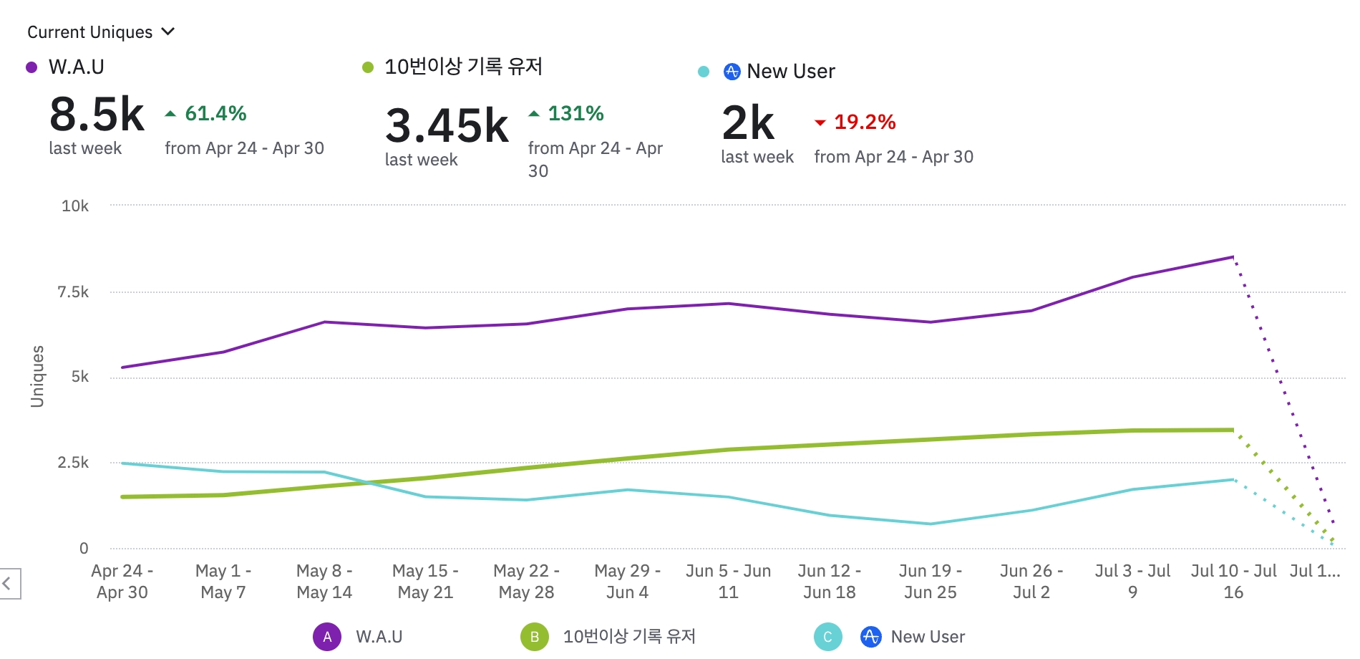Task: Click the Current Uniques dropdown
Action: [x=100, y=32]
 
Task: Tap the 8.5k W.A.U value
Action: [x=97, y=114]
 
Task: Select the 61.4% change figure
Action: [x=215, y=113]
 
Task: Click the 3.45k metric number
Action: [x=447, y=125]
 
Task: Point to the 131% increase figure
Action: [x=575, y=113]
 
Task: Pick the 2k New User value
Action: [x=748, y=122]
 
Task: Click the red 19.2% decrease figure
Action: [x=864, y=122]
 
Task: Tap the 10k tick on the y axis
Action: [x=75, y=206]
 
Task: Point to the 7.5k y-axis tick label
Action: [x=73, y=292]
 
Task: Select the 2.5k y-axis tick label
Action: [x=73, y=462]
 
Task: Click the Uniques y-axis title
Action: [x=37, y=377]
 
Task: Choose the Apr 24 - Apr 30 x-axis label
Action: [x=122, y=582]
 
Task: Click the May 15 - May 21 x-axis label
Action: [x=425, y=582]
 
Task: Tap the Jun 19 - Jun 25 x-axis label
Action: [x=930, y=582]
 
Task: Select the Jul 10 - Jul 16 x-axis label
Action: [x=1233, y=582]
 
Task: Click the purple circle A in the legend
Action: [x=327, y=637]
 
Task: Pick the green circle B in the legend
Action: [x=535, y=637]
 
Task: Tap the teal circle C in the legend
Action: [x=827, y=637]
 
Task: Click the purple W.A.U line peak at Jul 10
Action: [x=1233, y=256]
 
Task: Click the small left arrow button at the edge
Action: [x=9, y=583]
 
